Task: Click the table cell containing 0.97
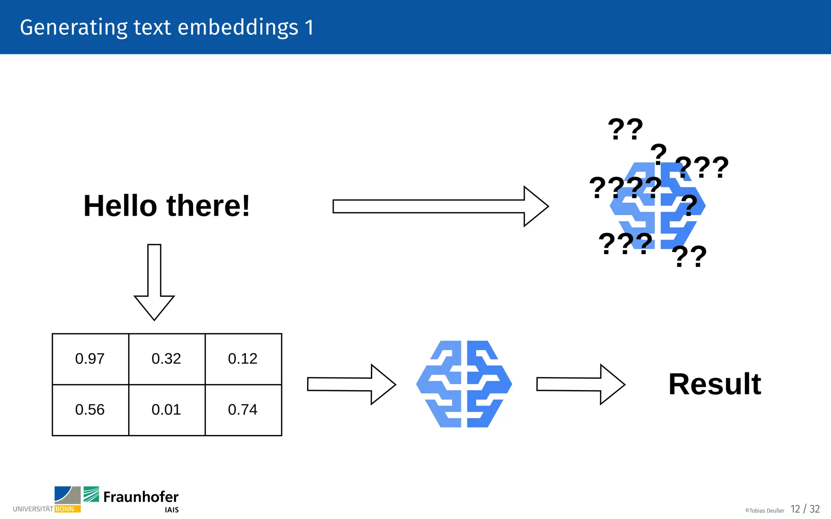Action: [x=90, y=359]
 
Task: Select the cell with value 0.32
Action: [x=166, y=359]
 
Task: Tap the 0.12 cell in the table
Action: [x=243, y=359]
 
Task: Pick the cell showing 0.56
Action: [x=90, y=410]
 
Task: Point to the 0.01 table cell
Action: [x=166, y=410]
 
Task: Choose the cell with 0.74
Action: [x=243, y=410]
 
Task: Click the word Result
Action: [x=715, y=384]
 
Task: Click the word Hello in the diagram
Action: [x=120, y=206]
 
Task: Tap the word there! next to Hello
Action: [x=208, y=206]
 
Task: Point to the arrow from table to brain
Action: [x=351, y=384]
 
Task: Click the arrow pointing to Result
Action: [x=580, y=384]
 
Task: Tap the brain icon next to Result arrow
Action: [x=464, y=384]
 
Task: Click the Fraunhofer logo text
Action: [x=140, y=497]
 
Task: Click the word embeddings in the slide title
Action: [x=238, y=28]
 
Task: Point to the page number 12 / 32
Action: [x=805, y=509]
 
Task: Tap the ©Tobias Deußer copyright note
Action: [x=764, y=510]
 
